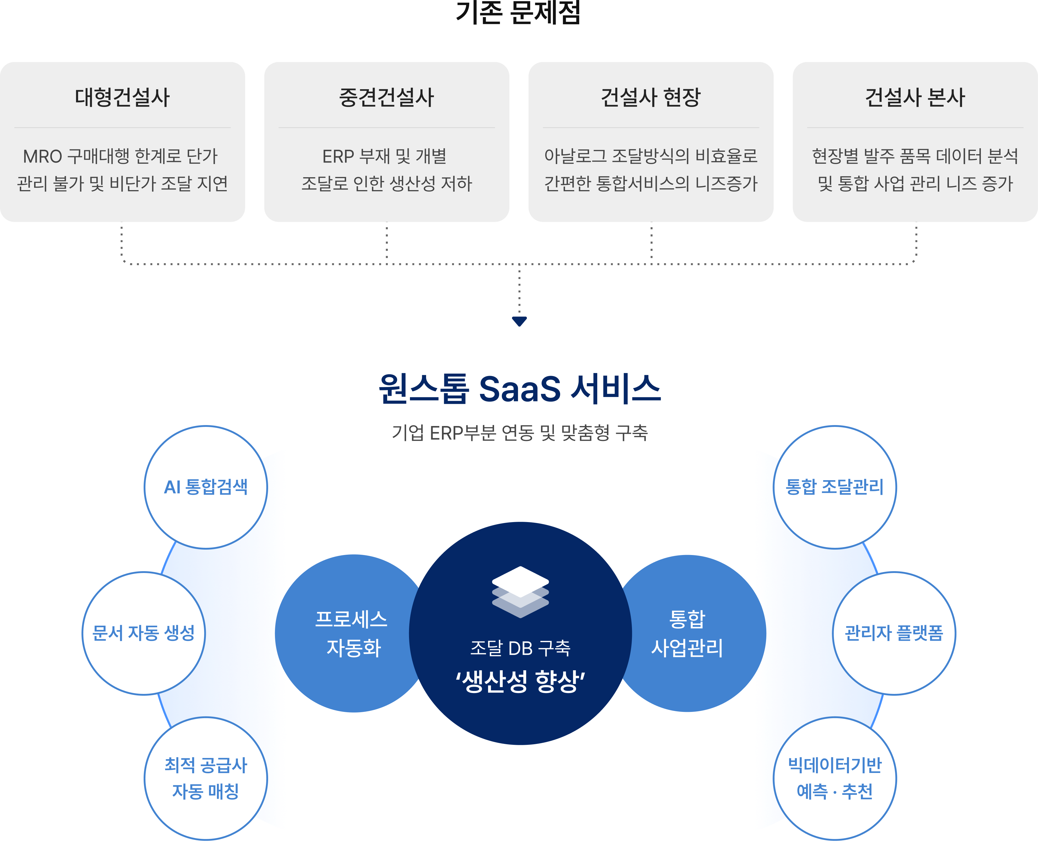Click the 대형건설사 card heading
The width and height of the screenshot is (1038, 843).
point(122,97)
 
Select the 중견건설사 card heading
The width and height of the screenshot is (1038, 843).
point(386,97)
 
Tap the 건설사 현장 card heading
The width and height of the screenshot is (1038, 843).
point(651,97)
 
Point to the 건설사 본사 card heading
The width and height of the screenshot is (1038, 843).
point(915,97)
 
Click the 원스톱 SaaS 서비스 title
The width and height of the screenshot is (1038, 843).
point(519,389)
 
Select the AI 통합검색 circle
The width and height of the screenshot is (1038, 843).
point(206,487)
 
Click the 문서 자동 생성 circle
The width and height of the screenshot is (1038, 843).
point(144,633)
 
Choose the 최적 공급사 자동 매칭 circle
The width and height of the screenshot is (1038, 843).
point(206,778)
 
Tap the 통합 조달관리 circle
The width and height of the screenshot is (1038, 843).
point(835,487)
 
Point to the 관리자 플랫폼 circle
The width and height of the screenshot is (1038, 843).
point(894,633)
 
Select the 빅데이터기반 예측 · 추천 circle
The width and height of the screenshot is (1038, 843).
point(835,778)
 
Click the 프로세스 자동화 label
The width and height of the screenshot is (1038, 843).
point(352,633)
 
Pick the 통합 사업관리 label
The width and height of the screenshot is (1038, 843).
point(687,633)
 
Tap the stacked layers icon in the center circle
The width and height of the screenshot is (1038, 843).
point(520,592)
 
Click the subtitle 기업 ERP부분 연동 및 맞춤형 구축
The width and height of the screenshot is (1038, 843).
point(519,433)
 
